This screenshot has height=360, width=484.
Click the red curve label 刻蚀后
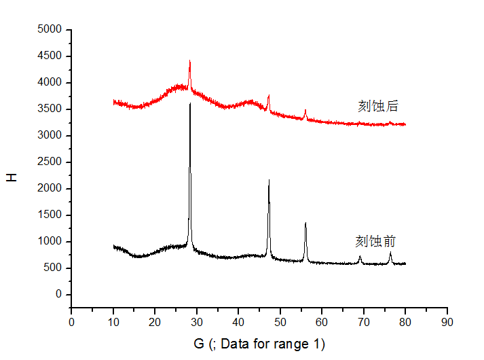[x=377, y=106]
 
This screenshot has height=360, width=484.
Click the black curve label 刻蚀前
[x=375, y=241]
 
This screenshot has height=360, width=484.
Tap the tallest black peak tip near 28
[x=190, y=104]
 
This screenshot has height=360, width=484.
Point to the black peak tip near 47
[x=269, y=180]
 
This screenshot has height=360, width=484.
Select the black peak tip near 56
[x=305, y=223]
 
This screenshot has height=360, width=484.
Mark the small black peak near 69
[x=360, y=256]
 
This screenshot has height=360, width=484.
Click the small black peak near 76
[x=390, y=253]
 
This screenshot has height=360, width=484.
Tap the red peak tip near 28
[x=189, y=61]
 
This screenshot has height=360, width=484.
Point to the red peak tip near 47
[x=269, y=96]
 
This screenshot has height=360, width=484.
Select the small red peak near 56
[x=305, y=110]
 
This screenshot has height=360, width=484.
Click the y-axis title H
[x=12, y=177]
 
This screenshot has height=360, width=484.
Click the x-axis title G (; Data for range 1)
[x=259, y=344]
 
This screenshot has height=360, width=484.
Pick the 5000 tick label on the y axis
[x=50, y=30]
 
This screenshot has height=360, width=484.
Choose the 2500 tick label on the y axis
[x=50, y=162]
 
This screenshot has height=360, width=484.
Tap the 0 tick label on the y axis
[x=58, y=295]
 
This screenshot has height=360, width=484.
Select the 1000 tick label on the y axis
[x=50, y=242]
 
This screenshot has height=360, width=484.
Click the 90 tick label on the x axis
[x=447, y=321]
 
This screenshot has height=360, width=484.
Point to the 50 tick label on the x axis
[x=280, y=321]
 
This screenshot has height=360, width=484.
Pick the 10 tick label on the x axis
[x=113, y=321]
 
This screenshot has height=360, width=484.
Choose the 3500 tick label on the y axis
[x=50, y=109]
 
